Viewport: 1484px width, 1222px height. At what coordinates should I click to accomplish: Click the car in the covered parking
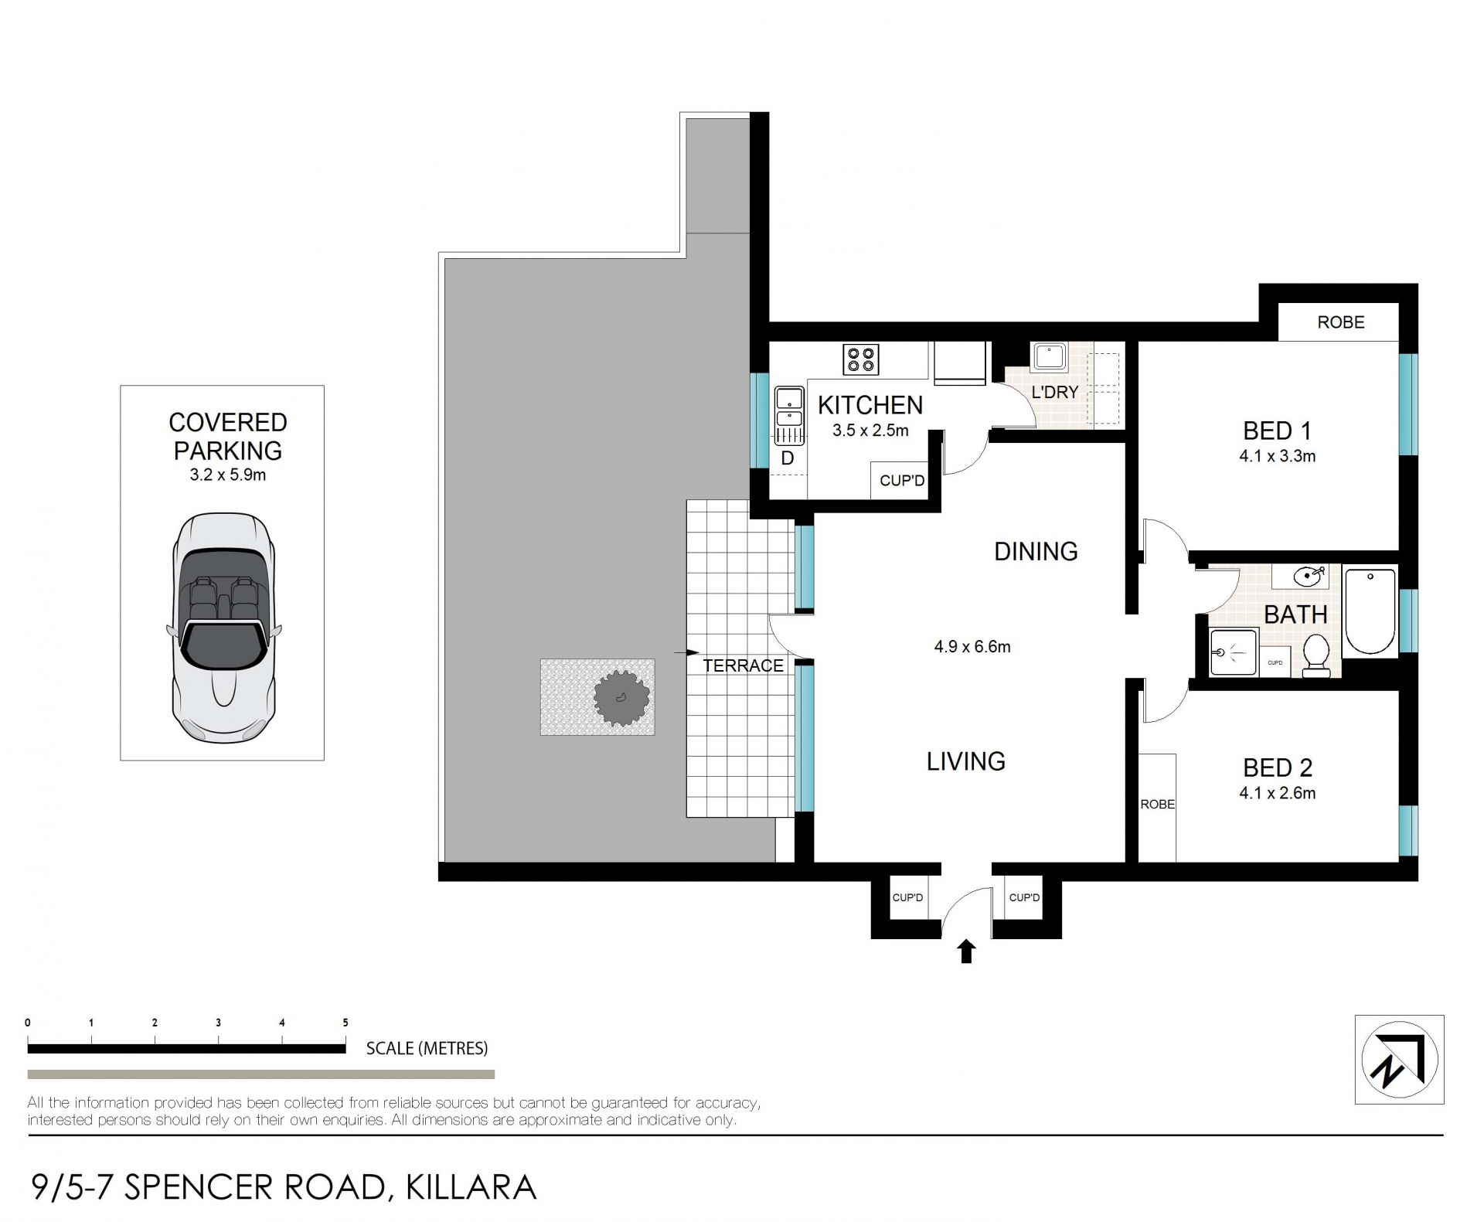[x=223, y=628]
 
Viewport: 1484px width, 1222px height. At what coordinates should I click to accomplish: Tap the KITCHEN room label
[x=870, y=405]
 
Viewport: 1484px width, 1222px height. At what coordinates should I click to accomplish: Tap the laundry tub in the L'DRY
[x=1048, y=358]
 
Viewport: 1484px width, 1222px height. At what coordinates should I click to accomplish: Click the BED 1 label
[x=1277, y=431]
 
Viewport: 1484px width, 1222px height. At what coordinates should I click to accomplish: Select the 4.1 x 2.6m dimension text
[x=1277, y=793]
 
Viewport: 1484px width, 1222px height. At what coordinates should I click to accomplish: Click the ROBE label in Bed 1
[x=1341, y=322]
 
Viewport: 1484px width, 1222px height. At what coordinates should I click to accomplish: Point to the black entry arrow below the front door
[x=965, y=951]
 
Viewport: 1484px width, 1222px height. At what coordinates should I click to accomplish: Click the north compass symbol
[x=1400, y=1060]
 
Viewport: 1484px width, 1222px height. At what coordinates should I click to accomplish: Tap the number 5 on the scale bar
[x=345, y=1023]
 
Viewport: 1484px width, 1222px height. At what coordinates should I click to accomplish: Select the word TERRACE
[x=743, y=665]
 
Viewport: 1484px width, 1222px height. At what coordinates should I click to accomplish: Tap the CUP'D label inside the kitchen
[x=902, y=481]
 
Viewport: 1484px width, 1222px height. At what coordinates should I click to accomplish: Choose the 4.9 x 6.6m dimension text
[x=972, y=647]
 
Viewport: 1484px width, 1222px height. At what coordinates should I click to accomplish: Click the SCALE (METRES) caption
[x=427, y=1048]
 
